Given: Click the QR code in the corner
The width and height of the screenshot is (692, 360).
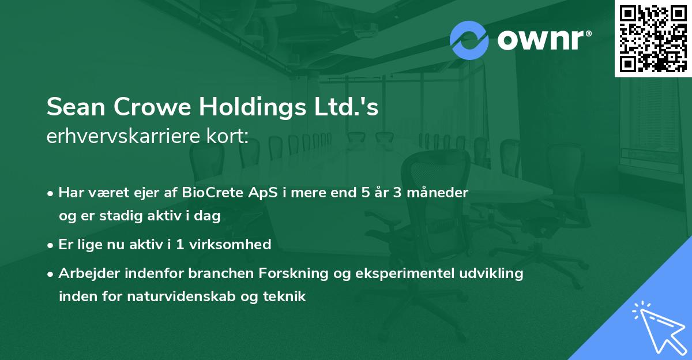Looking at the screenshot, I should tap(653, 38).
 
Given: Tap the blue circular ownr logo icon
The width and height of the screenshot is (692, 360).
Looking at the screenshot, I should tap(469, 39).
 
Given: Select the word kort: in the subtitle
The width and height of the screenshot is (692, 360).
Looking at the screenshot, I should tap(227, 137).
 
